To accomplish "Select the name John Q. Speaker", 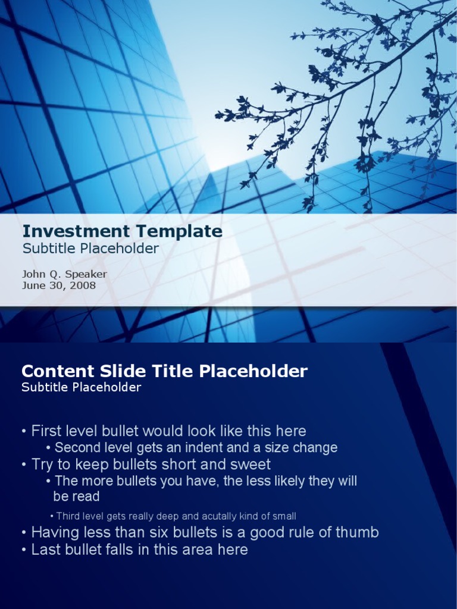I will [64, 274].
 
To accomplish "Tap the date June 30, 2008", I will [59, 285].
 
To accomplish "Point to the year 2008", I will [84, 285].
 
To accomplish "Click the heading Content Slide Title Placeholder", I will [164, 372].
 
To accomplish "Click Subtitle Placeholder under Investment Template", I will [90, 249].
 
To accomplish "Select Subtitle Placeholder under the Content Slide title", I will [81, 388].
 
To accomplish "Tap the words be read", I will [76, 497].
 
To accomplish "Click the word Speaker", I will [86, 274].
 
